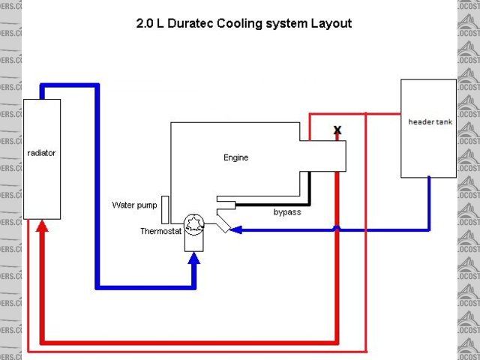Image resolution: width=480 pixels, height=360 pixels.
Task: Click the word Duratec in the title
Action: [x=193, y=23]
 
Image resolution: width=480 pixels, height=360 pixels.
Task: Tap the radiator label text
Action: [x=41, y=153]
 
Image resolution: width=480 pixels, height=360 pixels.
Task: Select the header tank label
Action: [x=430, y=121]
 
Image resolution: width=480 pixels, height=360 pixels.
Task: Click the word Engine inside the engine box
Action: [x=235, y=157]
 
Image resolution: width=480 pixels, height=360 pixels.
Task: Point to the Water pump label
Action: [x=135, y=205]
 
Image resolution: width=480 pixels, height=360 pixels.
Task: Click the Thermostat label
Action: [x=160, y=231]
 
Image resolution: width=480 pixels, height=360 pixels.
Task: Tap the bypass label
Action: [x=286, y=212]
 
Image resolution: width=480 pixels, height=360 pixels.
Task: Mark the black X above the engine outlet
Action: [x=337, y=130]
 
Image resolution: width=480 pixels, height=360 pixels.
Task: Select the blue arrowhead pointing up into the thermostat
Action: [x=195, y=259]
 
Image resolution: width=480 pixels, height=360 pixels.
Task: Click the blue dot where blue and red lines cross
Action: [x=337, y=229]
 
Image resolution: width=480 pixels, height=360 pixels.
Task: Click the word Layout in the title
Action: [x=331, y=23]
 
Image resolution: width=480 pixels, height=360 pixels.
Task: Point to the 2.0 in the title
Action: [x=145, y=23]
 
